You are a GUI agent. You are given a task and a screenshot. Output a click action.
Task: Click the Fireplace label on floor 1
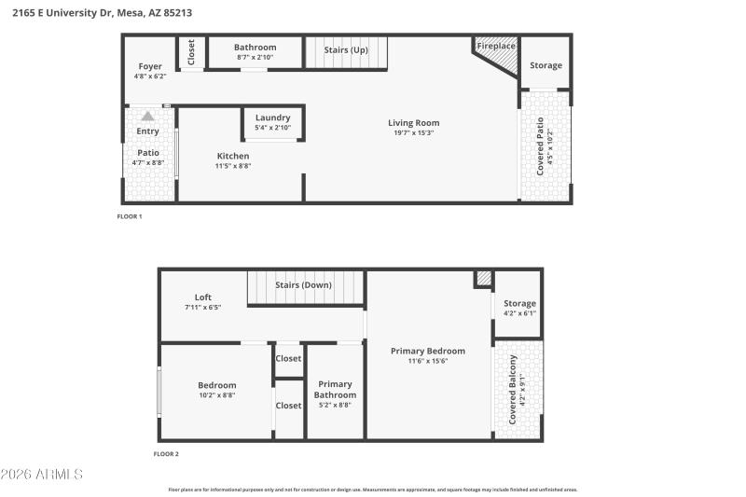495,46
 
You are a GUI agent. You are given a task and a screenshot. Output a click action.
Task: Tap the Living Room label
413,123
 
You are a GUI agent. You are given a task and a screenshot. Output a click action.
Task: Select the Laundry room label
272,117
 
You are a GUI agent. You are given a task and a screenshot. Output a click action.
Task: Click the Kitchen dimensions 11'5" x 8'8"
232,166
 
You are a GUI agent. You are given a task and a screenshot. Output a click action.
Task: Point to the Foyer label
150,66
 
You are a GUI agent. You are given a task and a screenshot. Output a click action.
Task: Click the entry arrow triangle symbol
147,117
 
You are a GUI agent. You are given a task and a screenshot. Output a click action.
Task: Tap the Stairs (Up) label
345,49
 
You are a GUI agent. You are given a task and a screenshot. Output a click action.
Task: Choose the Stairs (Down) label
303,284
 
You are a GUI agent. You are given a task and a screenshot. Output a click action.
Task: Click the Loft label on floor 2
202,297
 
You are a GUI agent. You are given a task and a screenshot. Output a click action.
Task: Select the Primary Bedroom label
427,351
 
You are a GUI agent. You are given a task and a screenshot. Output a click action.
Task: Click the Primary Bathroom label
335,389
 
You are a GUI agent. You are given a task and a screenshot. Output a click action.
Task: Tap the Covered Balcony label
512,389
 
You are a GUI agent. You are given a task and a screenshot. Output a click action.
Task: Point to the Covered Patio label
540,146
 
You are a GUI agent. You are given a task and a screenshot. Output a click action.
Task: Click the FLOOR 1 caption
129,216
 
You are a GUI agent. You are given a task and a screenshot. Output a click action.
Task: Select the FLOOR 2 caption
166,454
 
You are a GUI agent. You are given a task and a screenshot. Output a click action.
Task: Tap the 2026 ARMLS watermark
42,475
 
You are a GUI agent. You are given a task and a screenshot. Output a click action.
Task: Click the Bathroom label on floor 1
255,48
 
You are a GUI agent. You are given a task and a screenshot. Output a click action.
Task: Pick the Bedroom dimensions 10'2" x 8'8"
216,394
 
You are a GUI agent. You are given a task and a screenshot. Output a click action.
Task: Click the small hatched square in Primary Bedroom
483,278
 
